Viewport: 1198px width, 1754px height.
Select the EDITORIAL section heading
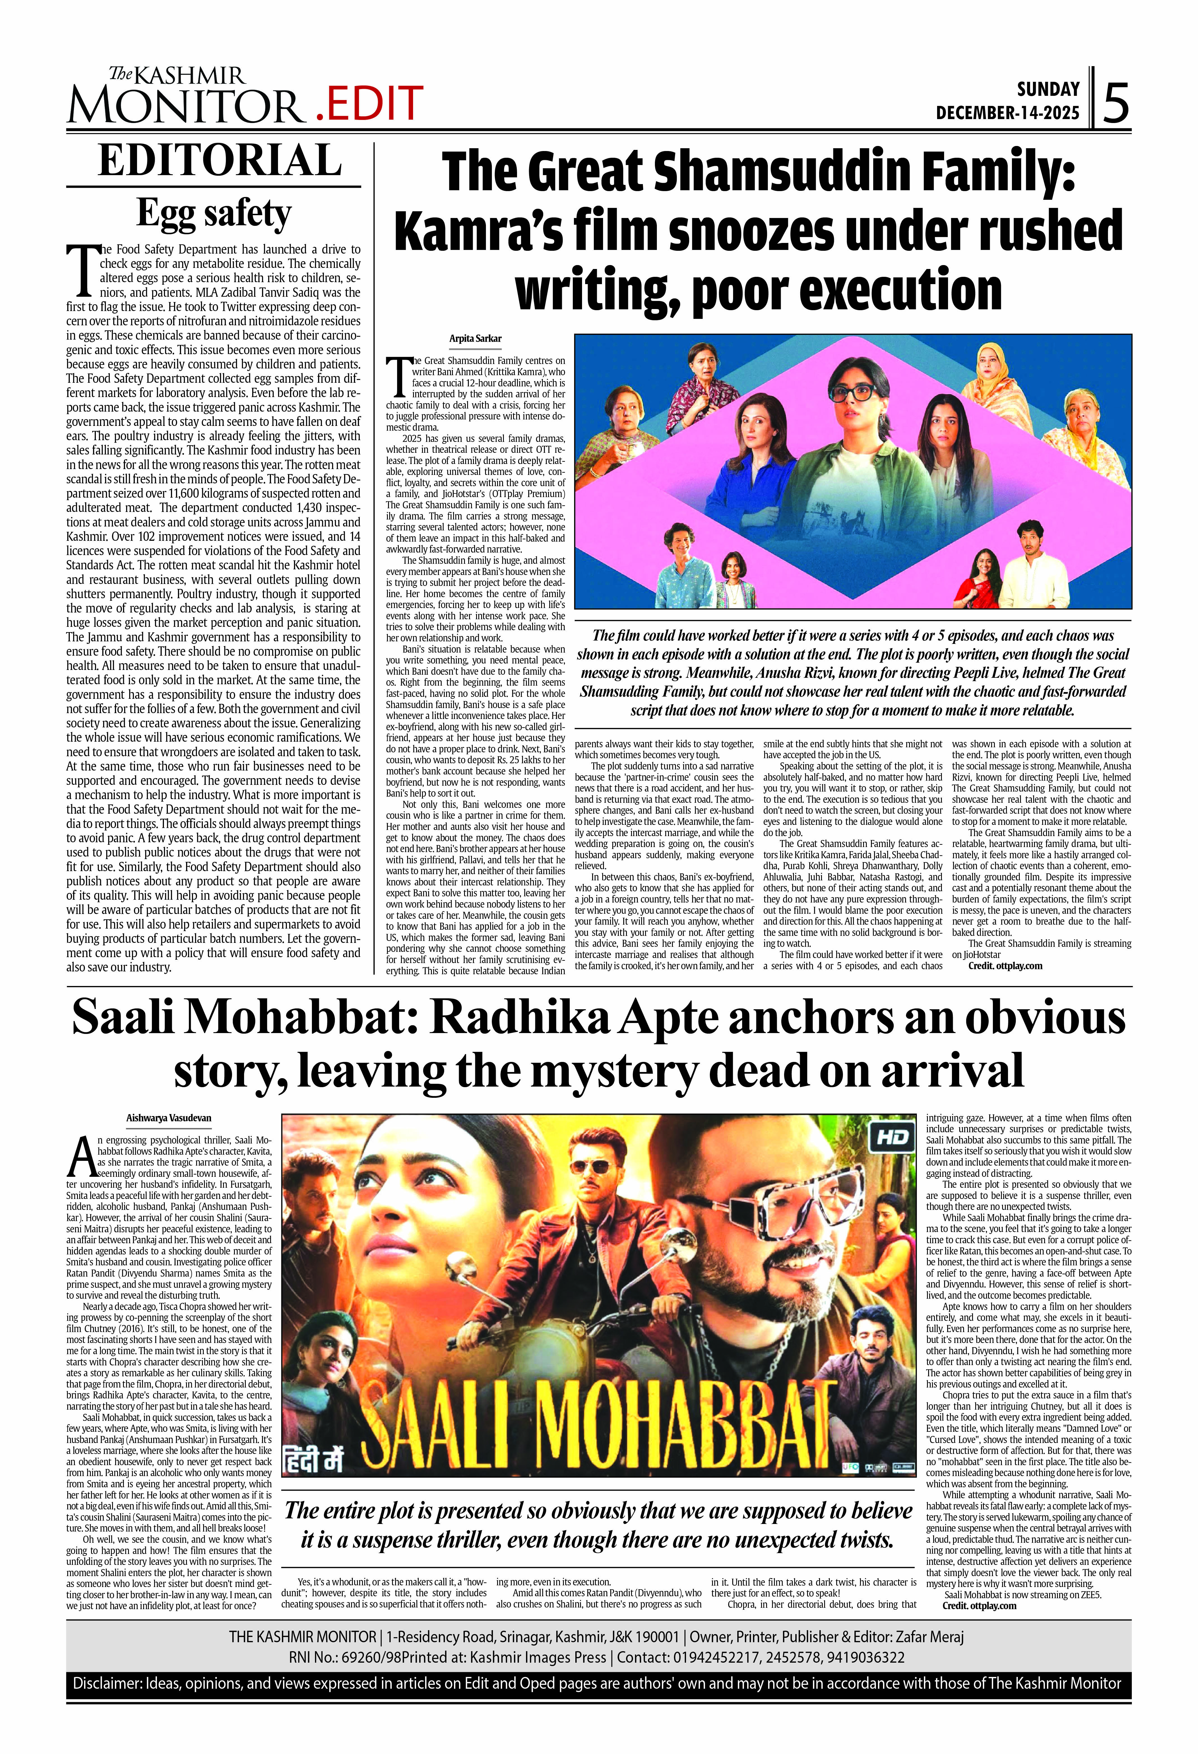pyautogui.click(x=220, y=160)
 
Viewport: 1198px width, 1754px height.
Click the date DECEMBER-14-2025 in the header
pyautogui.click(x=1007, y=113)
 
